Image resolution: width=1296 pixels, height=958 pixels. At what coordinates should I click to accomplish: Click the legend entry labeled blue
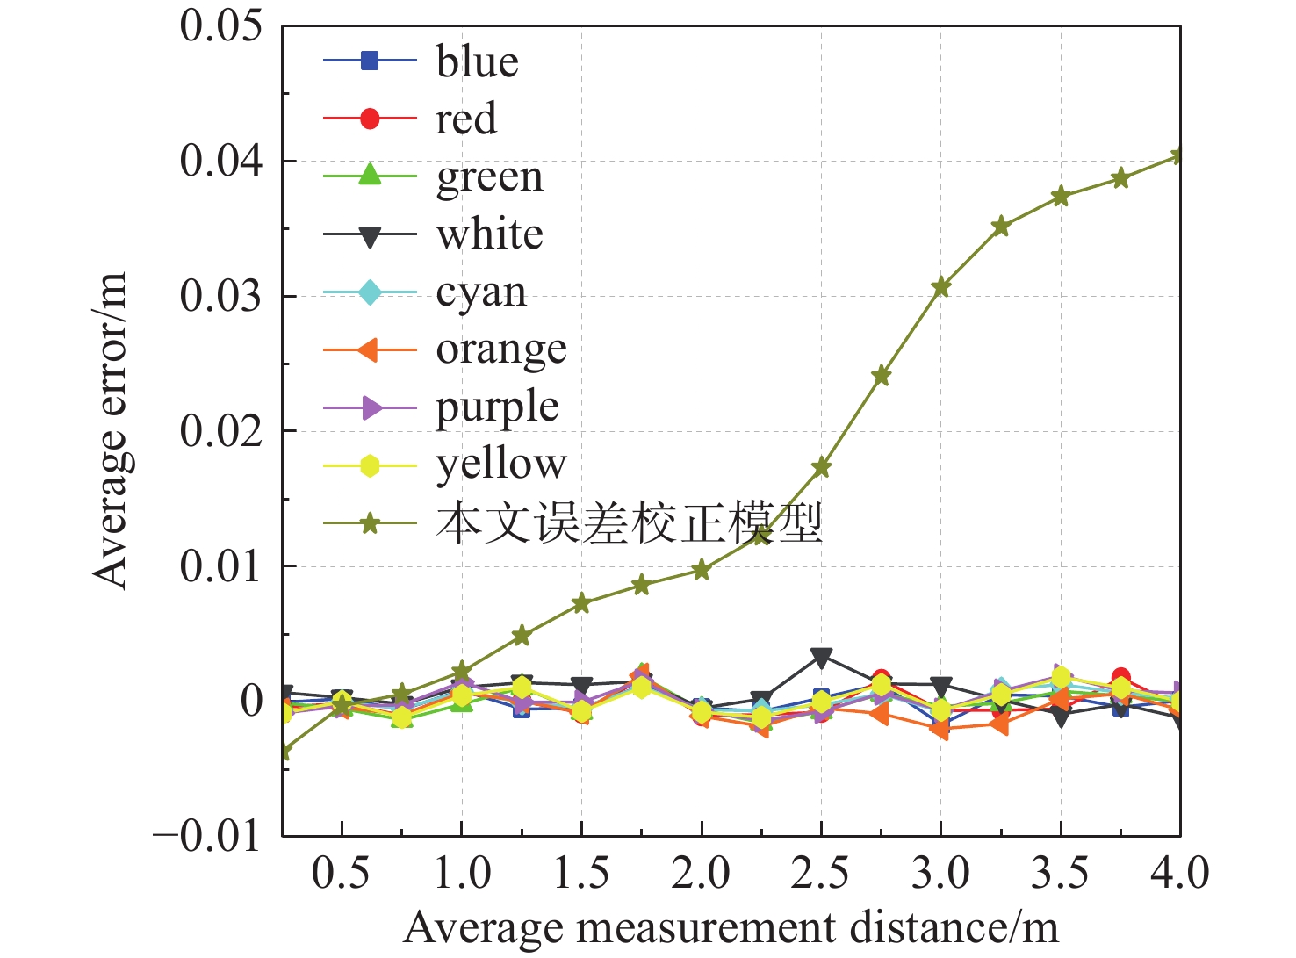pos(477,61)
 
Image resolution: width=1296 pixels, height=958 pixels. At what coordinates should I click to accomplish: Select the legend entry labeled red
pos(465,119)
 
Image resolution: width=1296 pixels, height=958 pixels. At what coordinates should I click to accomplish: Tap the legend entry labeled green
pos(489,176)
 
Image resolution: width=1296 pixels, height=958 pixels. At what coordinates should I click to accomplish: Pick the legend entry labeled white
pos(489,234)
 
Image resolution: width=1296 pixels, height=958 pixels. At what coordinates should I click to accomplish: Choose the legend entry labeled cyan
pos(481,292)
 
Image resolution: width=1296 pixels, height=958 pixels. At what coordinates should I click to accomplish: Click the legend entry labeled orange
pos(500,349)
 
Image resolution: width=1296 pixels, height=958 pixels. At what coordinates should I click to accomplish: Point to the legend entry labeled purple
pos(497,407)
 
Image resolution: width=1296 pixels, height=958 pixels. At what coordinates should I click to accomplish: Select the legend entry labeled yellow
pos(500,465)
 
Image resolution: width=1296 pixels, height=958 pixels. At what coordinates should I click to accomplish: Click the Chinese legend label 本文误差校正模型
pos(629,523)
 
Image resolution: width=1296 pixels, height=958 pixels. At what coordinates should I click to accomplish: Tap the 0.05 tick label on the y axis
pos(220,25)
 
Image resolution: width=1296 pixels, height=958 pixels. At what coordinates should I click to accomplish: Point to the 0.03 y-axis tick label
pos(220,296)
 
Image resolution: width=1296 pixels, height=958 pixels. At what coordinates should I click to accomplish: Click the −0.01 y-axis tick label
pos(207,835)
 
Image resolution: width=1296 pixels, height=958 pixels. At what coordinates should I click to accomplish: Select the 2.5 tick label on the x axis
pos(820,874)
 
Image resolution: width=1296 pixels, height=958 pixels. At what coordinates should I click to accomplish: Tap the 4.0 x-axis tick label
pos(1179,874)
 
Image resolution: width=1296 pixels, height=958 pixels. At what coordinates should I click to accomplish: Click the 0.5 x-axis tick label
pos(341,874)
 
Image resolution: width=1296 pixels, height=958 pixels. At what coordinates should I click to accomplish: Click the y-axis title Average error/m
pos(111,430)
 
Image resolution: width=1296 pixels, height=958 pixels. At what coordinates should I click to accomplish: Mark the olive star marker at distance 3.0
pos(941,287)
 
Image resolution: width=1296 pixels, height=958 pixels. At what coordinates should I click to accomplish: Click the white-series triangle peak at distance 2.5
pos(821,657)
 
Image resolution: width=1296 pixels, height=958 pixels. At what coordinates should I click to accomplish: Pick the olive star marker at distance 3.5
pos(1061,196)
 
